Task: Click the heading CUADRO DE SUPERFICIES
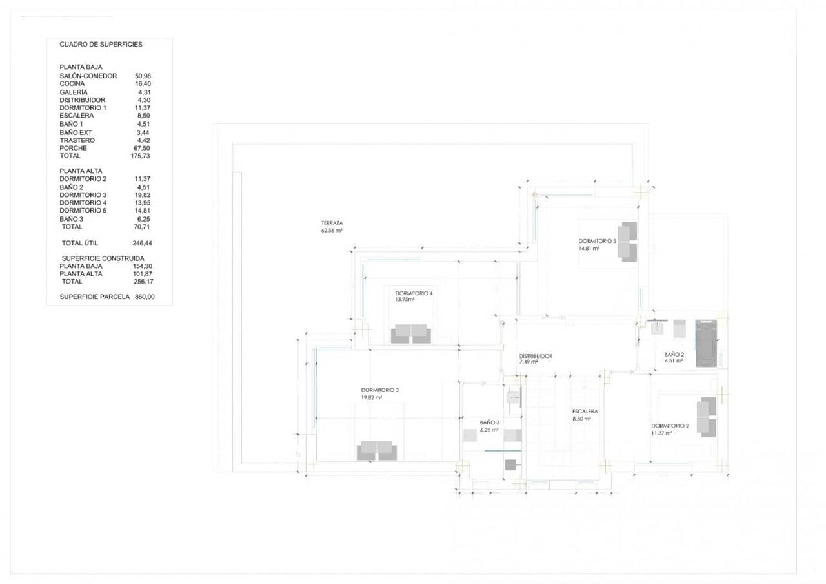tap(101, 45)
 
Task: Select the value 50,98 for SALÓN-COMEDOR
tap(143, 76)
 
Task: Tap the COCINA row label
tap(72, 84)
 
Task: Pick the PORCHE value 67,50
tap(142, 148)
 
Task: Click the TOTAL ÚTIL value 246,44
tap(143, 244)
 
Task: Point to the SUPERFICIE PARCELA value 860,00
tap(145, 297)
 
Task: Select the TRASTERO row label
tap(77, 140)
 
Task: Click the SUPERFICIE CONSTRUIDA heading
tap(103, 258)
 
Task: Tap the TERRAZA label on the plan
tap(332, 223)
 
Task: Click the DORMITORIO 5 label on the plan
tap(597, 241)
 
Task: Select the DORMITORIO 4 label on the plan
tap(414, 293)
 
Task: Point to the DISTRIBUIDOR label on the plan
tap(536, 356)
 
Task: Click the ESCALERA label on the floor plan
tap(585, 412)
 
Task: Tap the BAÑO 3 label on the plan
tap(490, 422)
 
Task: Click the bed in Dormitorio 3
tap(376, 451)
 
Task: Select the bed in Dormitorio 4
tap(411, 334)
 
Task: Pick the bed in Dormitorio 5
tap(628, 242)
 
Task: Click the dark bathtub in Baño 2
tap(706, 343)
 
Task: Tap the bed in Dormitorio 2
tap(707, 417)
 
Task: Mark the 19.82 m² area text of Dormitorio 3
tap(371, 397)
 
